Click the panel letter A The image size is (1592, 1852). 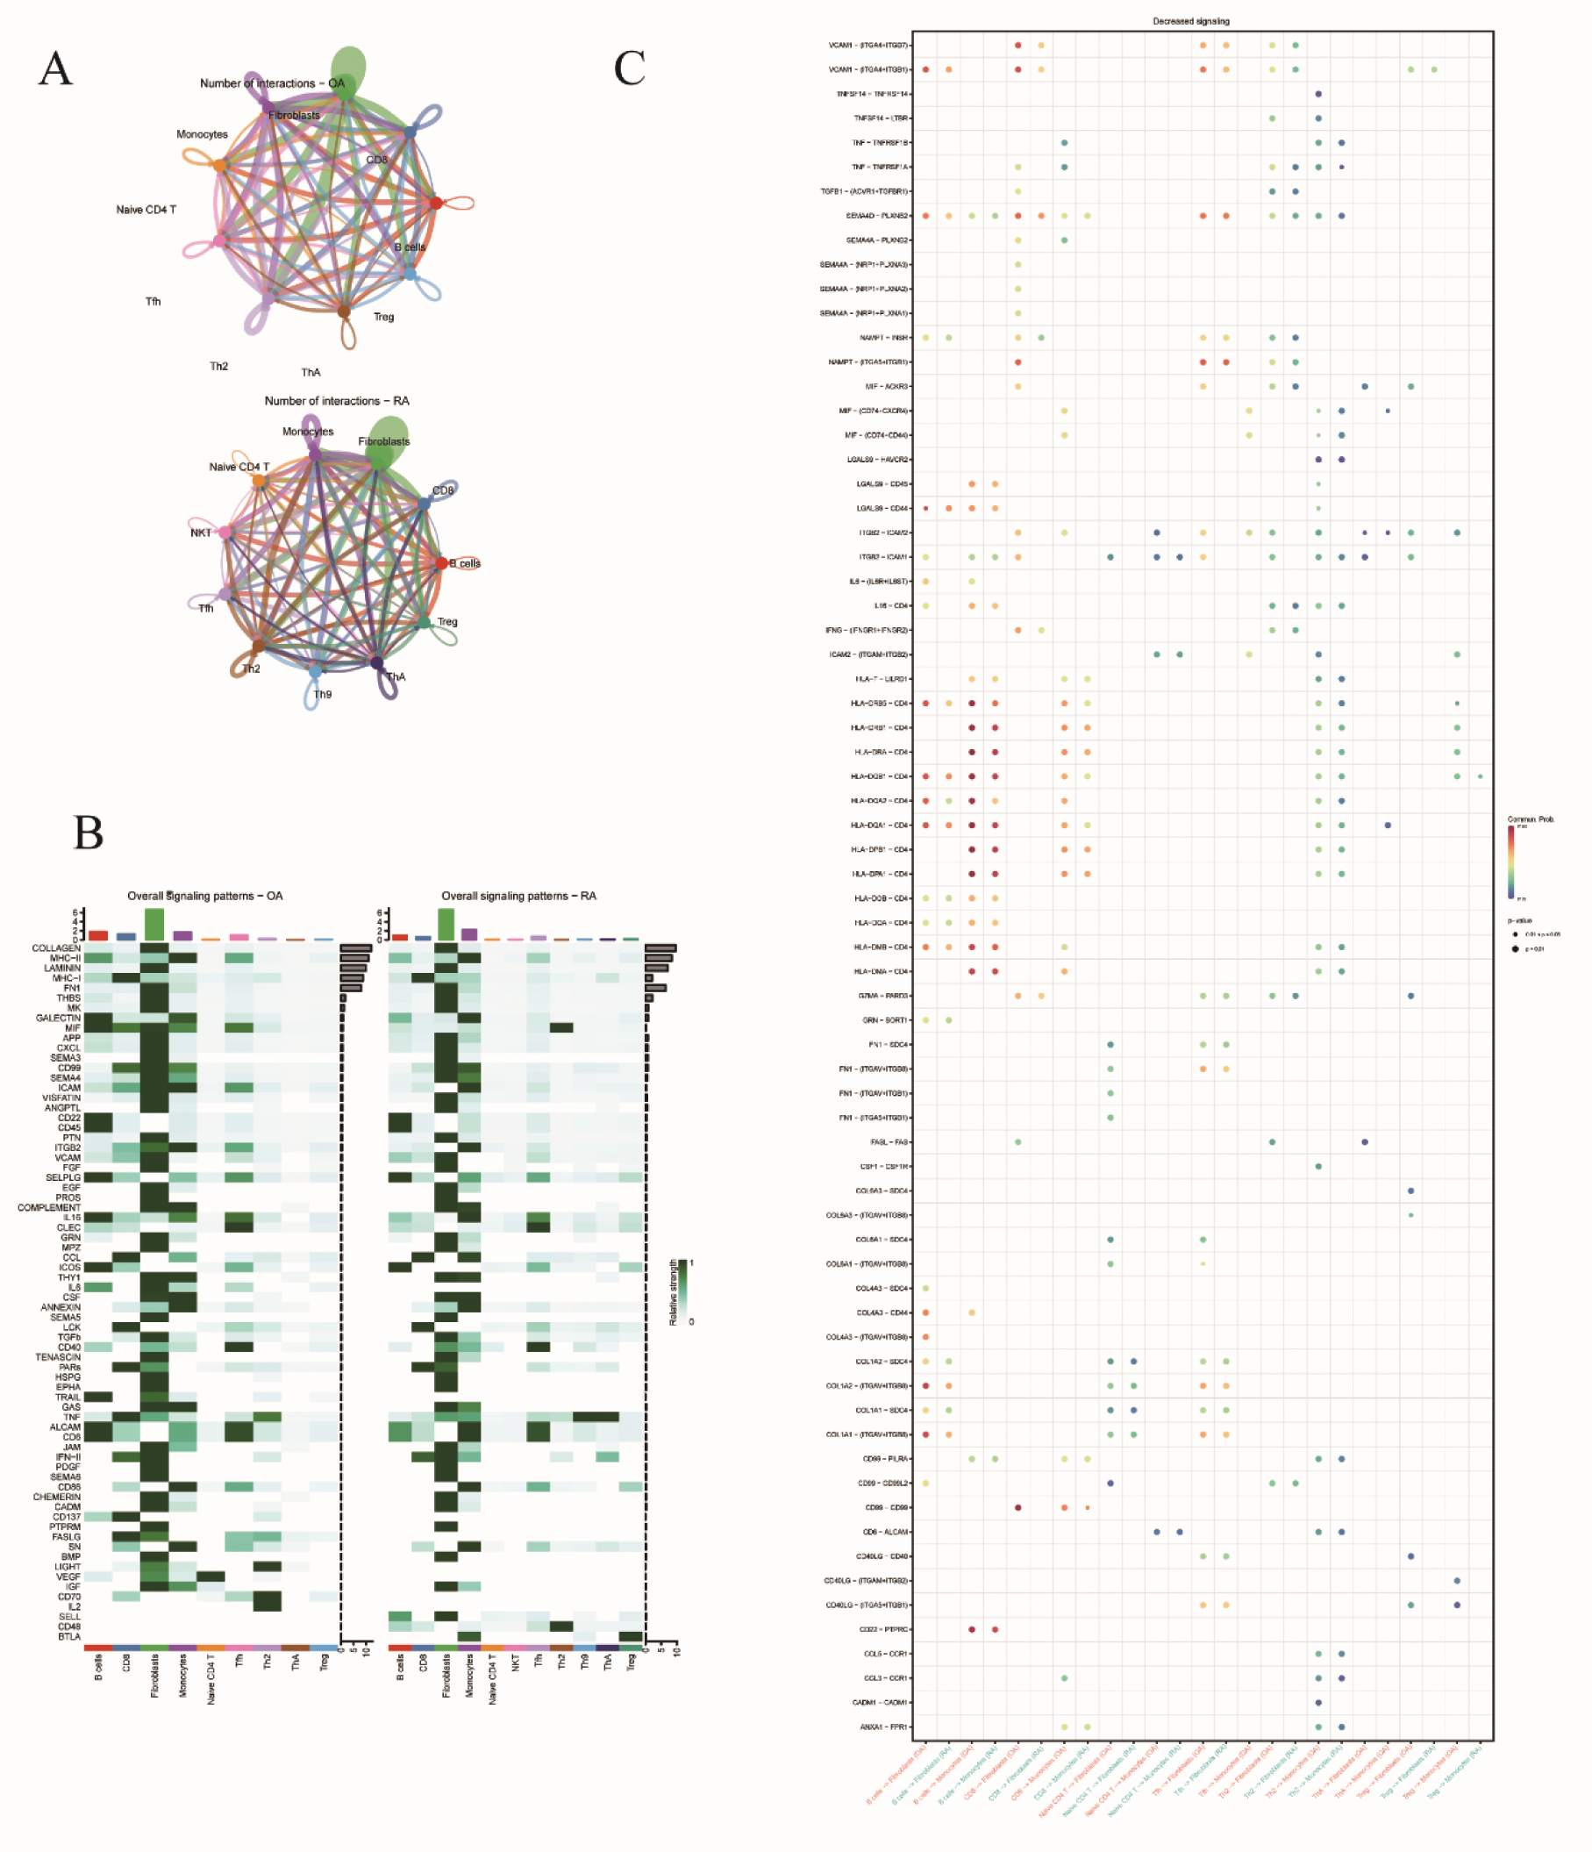[x=55, y=68]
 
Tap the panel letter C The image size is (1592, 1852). [x=629, y=68]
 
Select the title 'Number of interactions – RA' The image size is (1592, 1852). [x=336, y=400]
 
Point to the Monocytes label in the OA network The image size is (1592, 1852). [x=202, y=134]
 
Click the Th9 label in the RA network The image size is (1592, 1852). [x=322, y=694]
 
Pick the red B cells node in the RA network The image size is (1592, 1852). [x=441, y=563]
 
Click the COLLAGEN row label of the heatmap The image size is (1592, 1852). [x=56, y=947]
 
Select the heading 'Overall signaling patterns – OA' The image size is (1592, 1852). [x=204, y=896]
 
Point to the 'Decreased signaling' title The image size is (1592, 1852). [x=1190, y=20]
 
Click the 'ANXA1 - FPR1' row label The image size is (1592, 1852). [x=884, y=1727]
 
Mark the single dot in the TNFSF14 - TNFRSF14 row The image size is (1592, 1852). [x=1318, y=94]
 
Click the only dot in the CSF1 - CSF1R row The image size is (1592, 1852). [x=1318, y=1167]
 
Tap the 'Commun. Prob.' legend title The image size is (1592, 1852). [x=1531, y=819]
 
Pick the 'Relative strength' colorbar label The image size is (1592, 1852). [x=673, y=1292]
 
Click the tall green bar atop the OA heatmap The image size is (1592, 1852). [x=153, y=924]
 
